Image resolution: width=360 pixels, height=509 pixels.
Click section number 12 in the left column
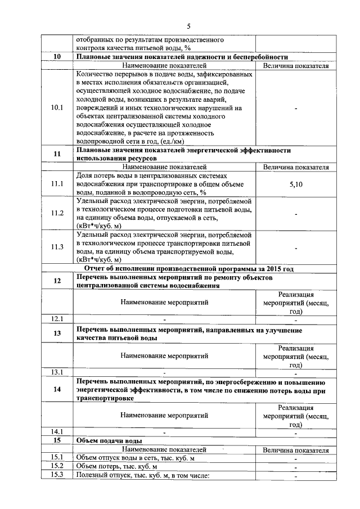click(57, 281)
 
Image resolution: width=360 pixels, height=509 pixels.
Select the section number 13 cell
click(57, 334)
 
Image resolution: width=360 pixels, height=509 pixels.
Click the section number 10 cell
click(57, 57)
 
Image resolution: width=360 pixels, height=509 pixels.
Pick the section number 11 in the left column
click(57, 155)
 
